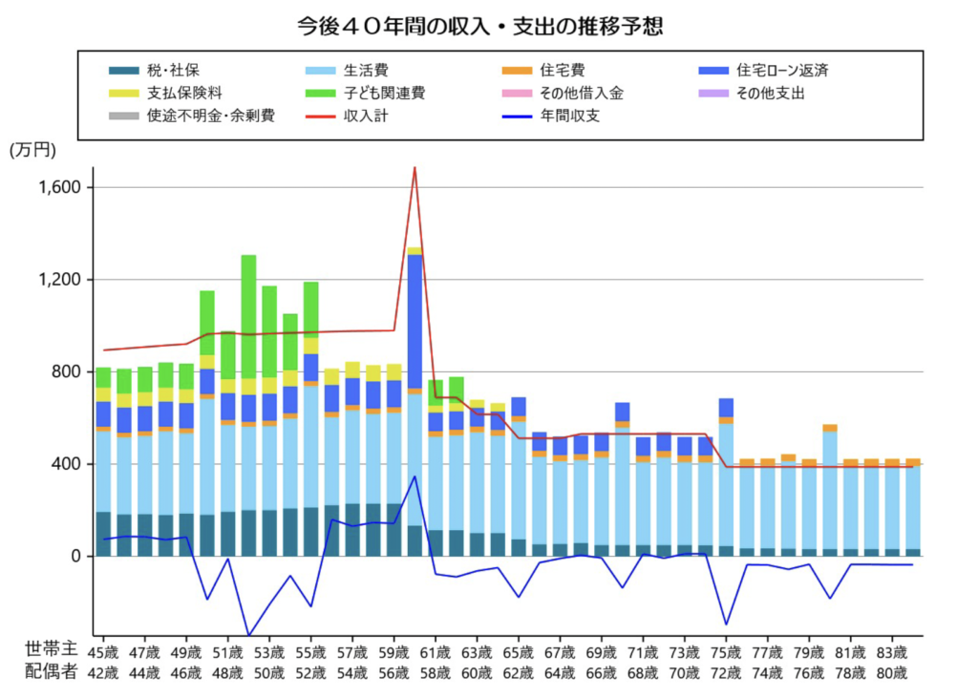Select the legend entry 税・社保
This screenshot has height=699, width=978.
click(x=173, y=70)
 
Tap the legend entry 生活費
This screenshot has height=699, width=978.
click(x=366, y=70)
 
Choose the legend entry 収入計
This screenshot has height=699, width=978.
click(x=366, y=116)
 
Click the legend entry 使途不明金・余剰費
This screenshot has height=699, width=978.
click(x=211, y=116)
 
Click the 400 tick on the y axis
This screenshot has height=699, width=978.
click(x=69, y=465)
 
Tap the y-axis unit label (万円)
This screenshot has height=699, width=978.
click(x=33, y=150)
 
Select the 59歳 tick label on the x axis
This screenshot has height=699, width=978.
click(x=394, y=653)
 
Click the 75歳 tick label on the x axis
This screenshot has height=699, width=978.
click(x=727, y=653)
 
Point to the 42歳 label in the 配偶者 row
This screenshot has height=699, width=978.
click(x=103, y=672)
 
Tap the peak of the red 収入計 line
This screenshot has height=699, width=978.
click(x=415, y=169)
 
